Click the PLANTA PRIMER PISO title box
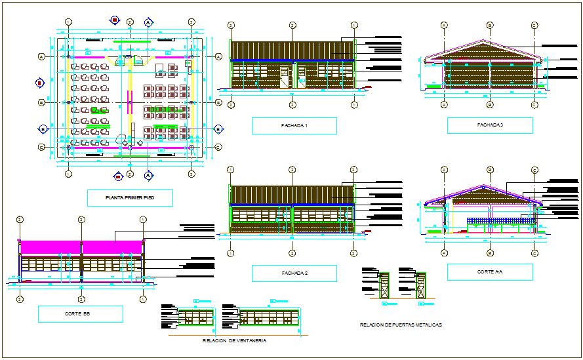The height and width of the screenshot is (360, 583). tap(130, 198)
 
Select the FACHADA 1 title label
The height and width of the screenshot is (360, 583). tap(294, 126)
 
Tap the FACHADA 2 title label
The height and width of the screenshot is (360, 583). tap(294, 273)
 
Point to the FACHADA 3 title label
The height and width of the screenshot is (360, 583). tap(489, 125)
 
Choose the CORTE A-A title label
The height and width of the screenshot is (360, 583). tap(489, 272)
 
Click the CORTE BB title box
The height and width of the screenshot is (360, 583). tap(81, 314)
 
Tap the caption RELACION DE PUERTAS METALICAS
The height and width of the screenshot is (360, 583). tap(401, 325)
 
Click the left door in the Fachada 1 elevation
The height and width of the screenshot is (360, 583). tap(284, 77)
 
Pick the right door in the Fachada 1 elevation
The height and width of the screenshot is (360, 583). tap(301, 77)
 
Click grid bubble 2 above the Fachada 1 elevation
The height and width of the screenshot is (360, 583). tap(292, 26)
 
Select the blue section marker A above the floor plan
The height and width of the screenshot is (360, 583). tap(149, 22)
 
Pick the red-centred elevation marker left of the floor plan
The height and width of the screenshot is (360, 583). tap(39, 83)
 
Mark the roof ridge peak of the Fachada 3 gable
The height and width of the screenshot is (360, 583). tap(489, 40)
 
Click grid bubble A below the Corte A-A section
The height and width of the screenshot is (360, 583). tap(444, 252)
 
